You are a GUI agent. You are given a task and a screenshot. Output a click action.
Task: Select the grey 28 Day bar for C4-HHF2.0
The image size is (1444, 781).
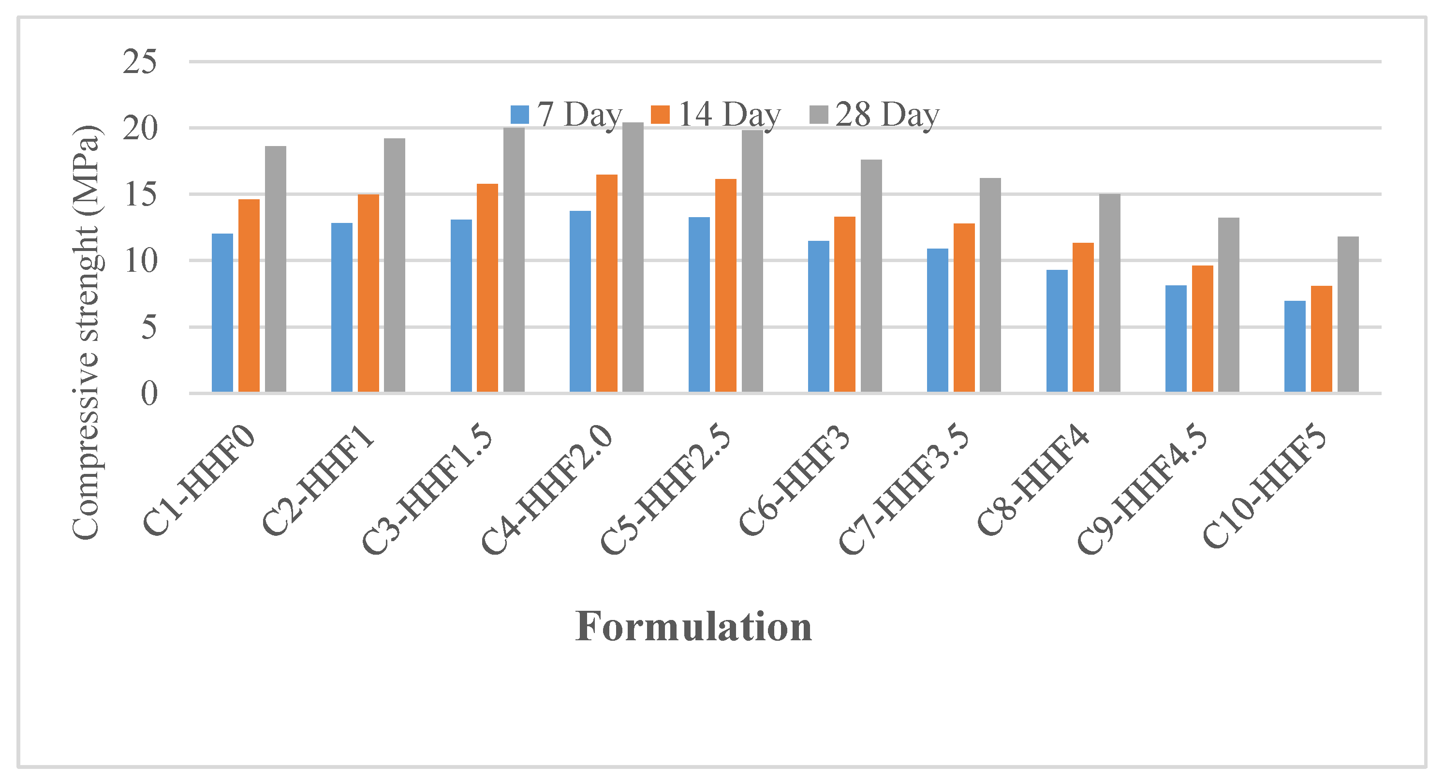click(x=633, y=257)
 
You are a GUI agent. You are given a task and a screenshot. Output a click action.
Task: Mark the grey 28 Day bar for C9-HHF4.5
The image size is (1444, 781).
click(x=1229, y=305)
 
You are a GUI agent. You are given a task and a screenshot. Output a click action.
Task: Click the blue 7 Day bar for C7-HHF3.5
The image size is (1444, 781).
click(x=938, y=320)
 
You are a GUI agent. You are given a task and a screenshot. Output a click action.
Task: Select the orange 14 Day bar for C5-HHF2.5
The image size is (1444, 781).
click(x=726, y=285)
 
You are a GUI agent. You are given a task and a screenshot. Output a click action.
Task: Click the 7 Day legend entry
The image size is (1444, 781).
click(x=567, y=115)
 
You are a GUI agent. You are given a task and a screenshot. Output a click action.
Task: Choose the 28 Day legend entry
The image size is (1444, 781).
click(x=874, y=115)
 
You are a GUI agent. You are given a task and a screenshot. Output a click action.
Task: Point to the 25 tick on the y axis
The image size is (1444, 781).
click(x=140, y=62)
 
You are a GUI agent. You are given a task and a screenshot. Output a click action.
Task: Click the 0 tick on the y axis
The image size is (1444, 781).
click(x=149, y=394)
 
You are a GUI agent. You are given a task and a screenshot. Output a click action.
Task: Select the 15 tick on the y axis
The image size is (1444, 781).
click(x=140, y=194)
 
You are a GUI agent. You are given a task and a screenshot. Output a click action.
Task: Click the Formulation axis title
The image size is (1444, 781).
click(x=693, y=627)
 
